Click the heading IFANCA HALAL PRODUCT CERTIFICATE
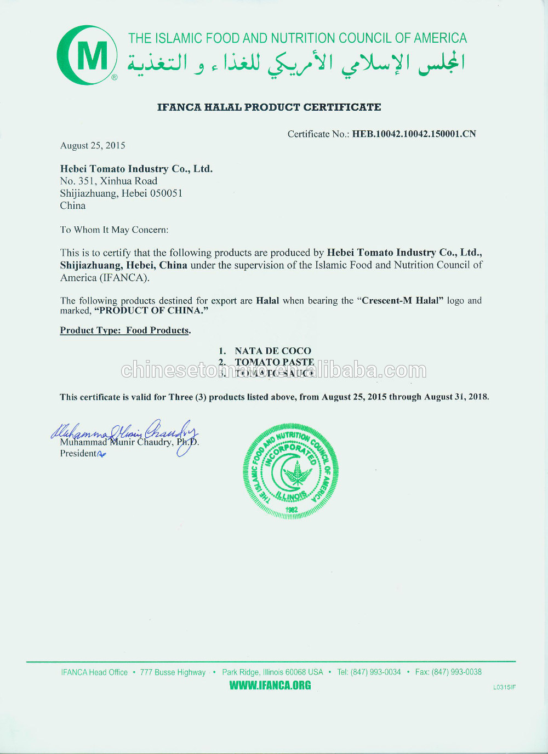pyautogui.click(x=269, y=107)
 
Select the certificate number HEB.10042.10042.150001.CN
pyautogui.click(x=414, y=134)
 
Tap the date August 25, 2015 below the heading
pyautogui.click(x=93, y=145)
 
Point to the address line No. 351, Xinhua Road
pyautogui.click(x=109, y=181)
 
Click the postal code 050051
pyautogui.click(x=166, y=193)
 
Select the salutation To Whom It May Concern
pyautogui.click(x=114, y=230)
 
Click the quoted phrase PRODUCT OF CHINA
pyautogui.click(x=151, y=311)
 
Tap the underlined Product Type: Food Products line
pyautogui.click(x=125, y=330)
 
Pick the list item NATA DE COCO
pyautogui.click(x=272, y=351)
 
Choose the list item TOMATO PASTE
pyautogui.click(x=274, y=362)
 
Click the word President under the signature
pyautogui.click(x=78, y=453)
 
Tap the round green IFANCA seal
pyautogui.click(x=290, y=471)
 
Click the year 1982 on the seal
pyautogui.click(x=292, y=510)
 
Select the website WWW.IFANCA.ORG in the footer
pyautogui.click(x=270, y=686)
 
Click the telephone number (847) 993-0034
pyautogui.click(x=375, y=672)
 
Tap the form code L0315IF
pyautogui.click(x=504, y=687)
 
